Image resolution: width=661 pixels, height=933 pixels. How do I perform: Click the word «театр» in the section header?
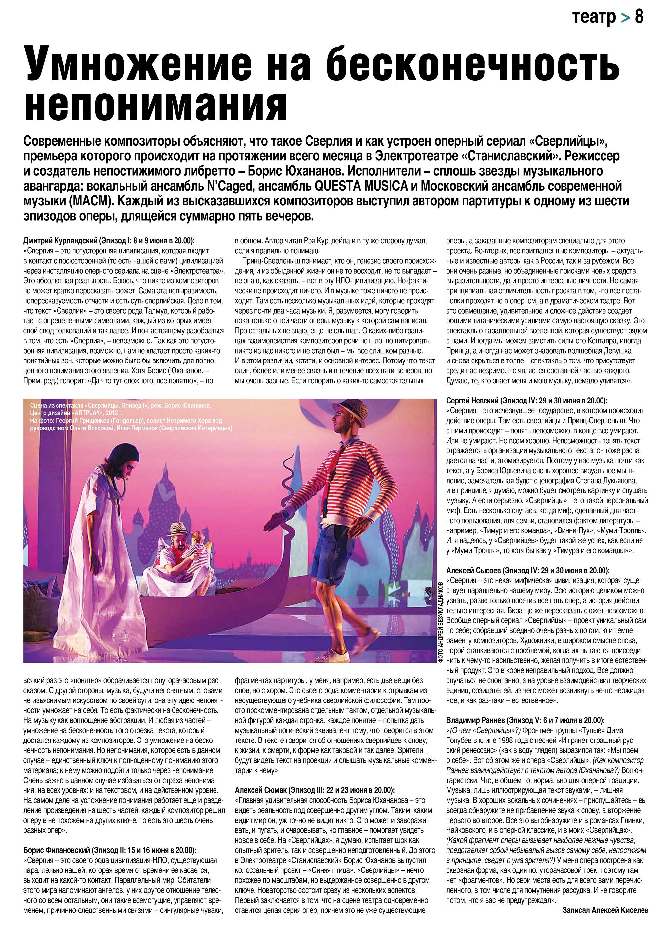594,17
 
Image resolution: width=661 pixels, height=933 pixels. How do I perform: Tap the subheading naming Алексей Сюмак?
315,790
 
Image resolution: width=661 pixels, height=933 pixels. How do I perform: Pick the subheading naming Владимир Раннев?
525,720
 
